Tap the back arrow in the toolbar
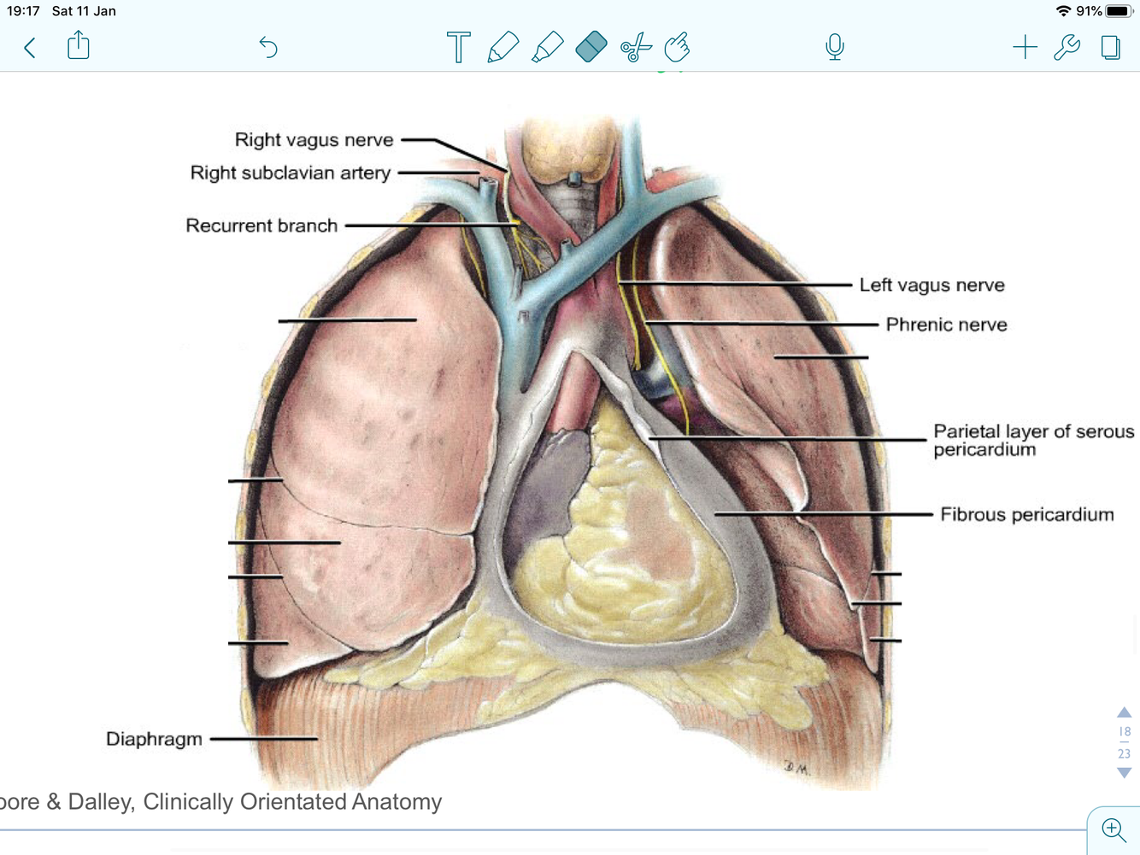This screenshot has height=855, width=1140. click(30, 47)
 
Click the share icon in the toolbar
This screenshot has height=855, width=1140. click(79, 45)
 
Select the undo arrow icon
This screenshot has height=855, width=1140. click(268, 47)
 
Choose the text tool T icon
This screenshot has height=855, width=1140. click(458, 47)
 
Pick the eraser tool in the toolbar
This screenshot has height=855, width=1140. click(591, 47)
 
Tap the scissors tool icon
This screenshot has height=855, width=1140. click(635, 48)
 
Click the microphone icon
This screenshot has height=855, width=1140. click(835, 47)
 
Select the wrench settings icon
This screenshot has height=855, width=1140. click(1067, 47)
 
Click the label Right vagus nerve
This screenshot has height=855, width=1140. click(314, 139)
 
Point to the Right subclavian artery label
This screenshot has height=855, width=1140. click(290, 173)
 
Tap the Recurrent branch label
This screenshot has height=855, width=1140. click(261, 225)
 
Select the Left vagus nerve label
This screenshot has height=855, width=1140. click(931, 285)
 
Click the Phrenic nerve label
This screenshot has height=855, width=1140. click(946, 325)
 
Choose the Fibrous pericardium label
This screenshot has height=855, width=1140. click(1026, 514)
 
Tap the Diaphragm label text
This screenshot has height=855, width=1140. click(154, 739)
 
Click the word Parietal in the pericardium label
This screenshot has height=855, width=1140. click(965, 431)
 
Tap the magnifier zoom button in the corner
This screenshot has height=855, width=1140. click(1113, 829)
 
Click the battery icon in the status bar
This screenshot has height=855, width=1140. click(1118, 11)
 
